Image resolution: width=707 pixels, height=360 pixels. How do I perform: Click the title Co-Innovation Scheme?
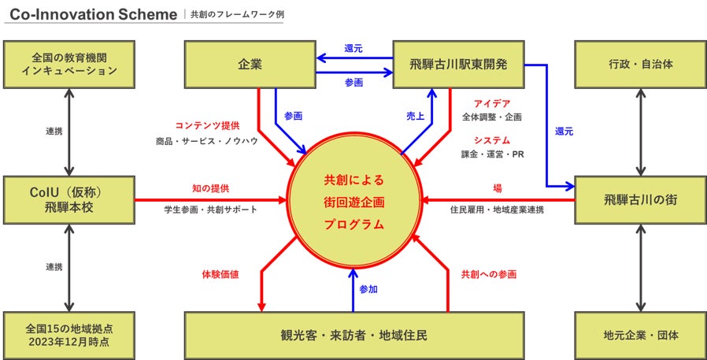point(93,15)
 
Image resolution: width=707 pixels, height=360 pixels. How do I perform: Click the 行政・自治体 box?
point(641,65)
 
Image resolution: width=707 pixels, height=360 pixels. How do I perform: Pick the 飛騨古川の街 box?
point(641,200)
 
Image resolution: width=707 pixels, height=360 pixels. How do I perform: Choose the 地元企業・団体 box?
point(641,336)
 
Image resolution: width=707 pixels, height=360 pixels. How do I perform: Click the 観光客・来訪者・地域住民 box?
point(354,336)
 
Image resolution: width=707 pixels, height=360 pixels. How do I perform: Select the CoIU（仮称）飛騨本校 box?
point(69,200)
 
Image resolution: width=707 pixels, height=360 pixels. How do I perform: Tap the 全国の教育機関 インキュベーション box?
point(69,65)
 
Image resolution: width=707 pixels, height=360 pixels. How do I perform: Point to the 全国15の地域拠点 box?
point(69,336)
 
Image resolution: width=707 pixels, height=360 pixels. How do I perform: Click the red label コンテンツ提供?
point(207,125)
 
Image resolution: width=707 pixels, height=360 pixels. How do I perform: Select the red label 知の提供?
point(211,189)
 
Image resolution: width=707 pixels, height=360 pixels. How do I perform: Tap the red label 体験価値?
point(220,274)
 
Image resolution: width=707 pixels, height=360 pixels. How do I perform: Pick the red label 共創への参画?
point(489,274)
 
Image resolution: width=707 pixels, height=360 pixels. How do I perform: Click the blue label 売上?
point(415,115)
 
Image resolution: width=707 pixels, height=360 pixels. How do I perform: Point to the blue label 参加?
point(368,289)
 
